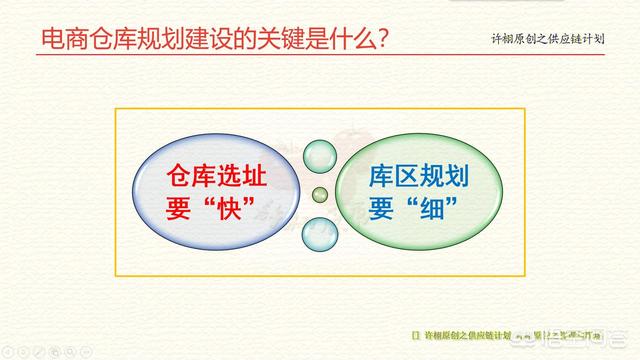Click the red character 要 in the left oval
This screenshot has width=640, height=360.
pyautogui.click(x=177, y=211)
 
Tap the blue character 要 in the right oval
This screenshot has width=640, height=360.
pyautogui.click(x=381, y=211)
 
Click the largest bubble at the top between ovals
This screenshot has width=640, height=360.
pyautogui.click(x=319, y=156)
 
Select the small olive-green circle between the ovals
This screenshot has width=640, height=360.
pyautogui.click(x=320, y=194)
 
